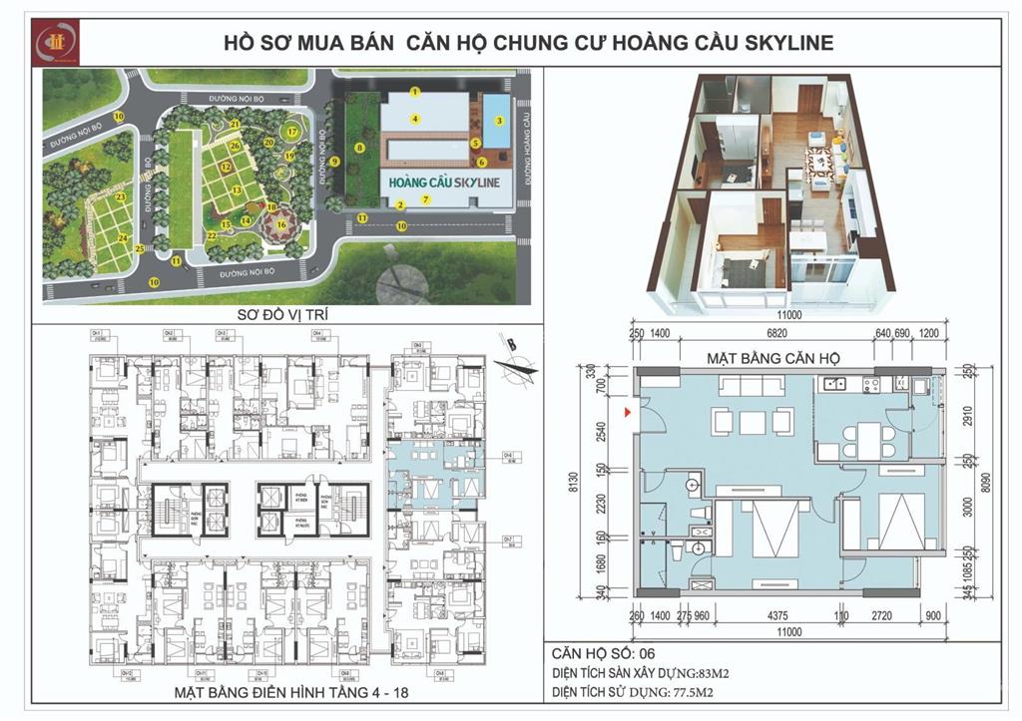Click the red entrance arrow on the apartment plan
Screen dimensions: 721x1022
[x=626, y=411]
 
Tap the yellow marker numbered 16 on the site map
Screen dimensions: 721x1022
[x=281, y=224]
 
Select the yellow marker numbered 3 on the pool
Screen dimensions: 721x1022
[x=498, y=121]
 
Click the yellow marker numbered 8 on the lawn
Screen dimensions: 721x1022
[x=358, y=148]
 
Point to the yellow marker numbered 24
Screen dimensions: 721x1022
[x=123, y=237]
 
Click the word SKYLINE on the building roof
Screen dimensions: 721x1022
[x=469, y=184]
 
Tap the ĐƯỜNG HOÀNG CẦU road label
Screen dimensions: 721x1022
[x=520, y=146]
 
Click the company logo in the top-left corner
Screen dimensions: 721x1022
[x=50, y=40]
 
